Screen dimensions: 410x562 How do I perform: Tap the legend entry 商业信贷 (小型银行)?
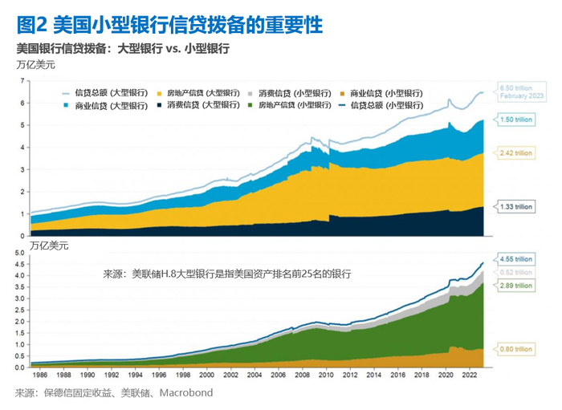[x=388, y=93]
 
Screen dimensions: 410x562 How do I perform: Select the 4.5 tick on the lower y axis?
[x=19, y=262]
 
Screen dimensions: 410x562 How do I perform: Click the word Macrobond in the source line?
[x=187, y=393]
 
